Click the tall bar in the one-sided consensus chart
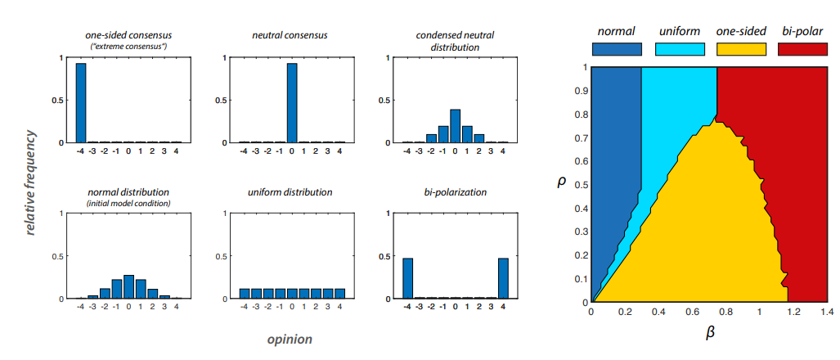pos(81,103)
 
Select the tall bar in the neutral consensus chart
pos(292,103)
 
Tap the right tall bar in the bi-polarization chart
pos(502,278)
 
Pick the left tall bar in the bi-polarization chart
pos(408,278)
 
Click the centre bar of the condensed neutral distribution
pos(455,126)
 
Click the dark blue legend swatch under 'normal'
pos(618,49)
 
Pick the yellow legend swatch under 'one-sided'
pos(741,49)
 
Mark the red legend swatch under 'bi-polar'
pos(802,49)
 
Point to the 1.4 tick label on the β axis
pos(828,313)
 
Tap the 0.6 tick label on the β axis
pos(692,313)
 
